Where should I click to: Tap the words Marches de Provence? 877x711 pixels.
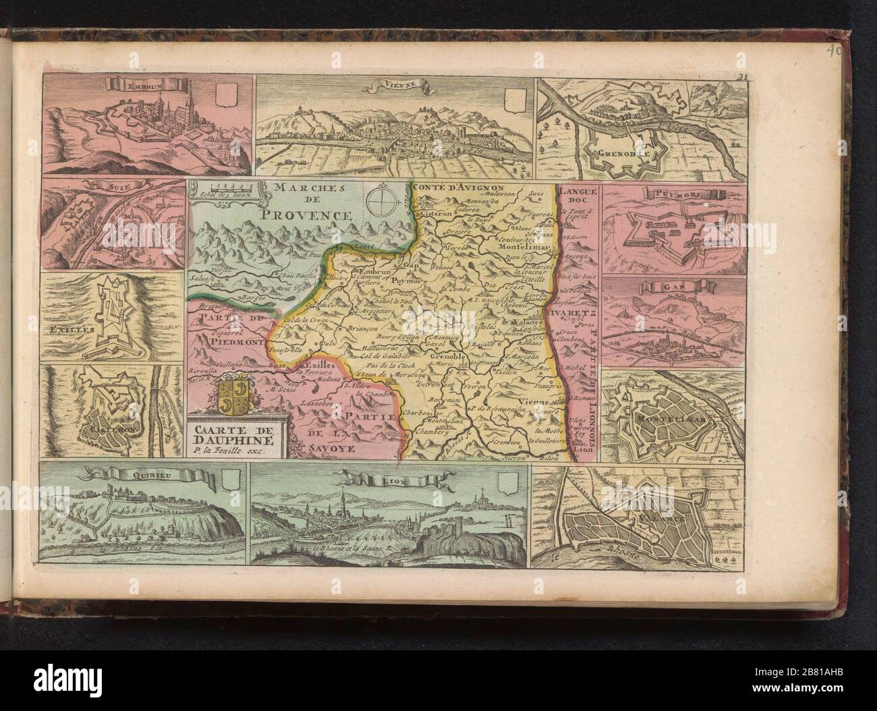coord(306,201)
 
